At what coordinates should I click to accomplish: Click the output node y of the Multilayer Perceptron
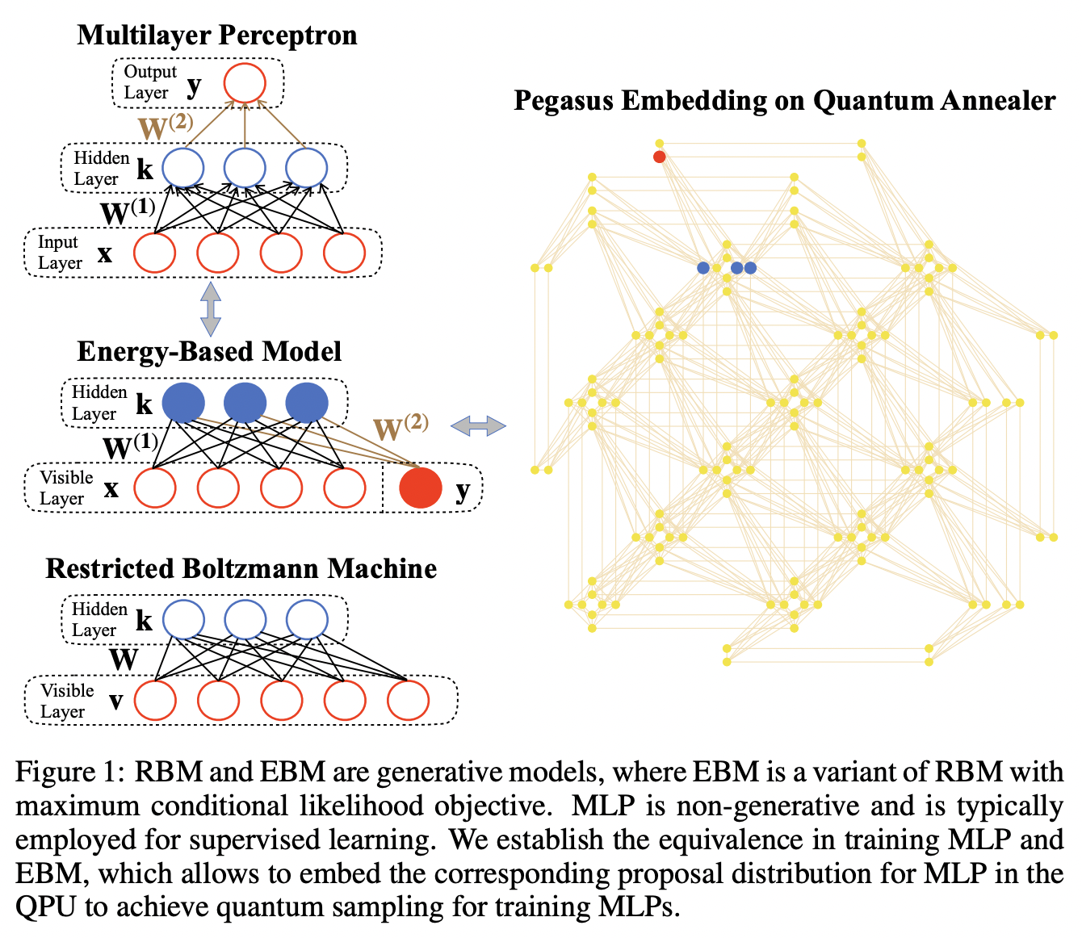pos(245,83)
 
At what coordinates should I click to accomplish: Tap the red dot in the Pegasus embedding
pos(660,157)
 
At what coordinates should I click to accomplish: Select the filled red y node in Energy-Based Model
pos(421,488)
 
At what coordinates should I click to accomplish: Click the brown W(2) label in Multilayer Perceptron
pos(166,127)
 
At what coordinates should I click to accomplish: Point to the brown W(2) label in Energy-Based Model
pos(401,427)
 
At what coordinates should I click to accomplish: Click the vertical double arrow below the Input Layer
pos(211,308)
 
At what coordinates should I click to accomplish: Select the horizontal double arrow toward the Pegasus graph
pos(478,426)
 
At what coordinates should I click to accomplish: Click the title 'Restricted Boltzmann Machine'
pos(241,568)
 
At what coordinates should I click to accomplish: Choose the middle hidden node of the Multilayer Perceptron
pos(245,169)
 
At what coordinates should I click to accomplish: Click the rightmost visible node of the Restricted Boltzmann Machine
pos(408,700)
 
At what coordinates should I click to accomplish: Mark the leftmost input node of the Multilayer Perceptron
pos(154,253)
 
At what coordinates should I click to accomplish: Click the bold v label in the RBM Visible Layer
pos(115,701)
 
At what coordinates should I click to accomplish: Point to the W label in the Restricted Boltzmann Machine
pos(124,660)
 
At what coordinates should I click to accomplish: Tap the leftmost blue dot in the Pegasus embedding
pos(703,268)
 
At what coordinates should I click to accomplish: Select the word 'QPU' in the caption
pos(46,907)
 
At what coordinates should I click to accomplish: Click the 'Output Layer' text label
pos(149,82)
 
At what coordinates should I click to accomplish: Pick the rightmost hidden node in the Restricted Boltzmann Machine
pos(307,620)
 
